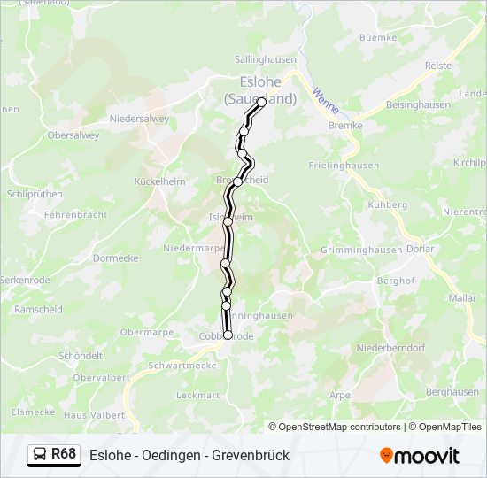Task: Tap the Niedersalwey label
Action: tap(139, 118)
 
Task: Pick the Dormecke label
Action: tap(115, 258)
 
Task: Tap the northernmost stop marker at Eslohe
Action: tap(261, 102)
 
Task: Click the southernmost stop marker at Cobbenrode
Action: tap(228, 335)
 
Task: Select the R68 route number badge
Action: tap(63, 454)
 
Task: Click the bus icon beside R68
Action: tap(40, 455)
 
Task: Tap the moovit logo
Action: tap(420, 456)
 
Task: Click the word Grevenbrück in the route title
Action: tap(251, 456)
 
